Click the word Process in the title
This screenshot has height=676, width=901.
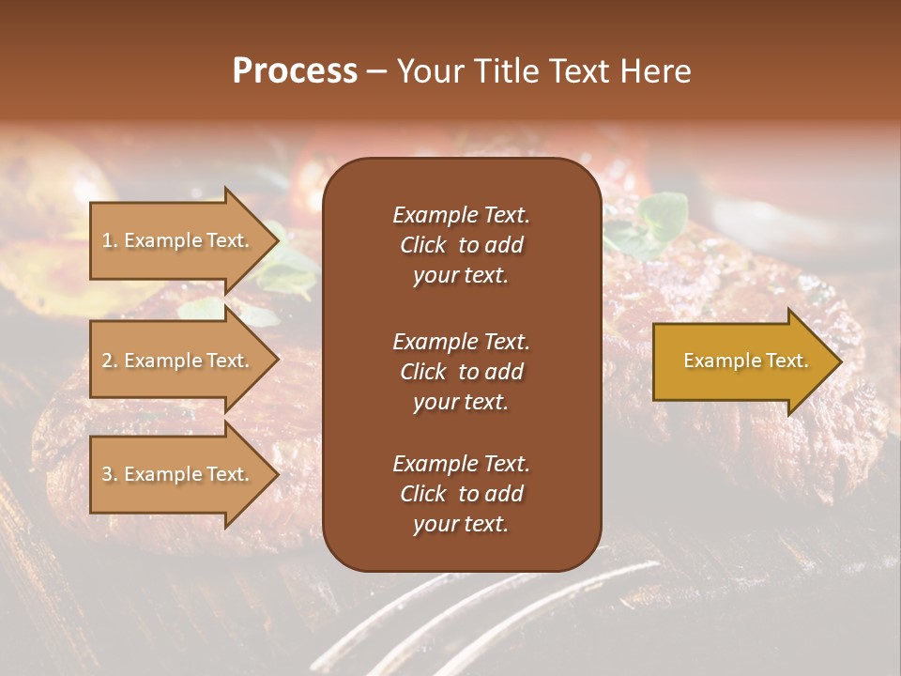(x=295, y=71)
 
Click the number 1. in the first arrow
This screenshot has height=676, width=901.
(x=110, y=240)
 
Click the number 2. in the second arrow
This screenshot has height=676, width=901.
(x=110, y=361)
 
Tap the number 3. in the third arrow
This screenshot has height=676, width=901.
(x=110, y=474)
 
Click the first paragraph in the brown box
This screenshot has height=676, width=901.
(x=461, y=245)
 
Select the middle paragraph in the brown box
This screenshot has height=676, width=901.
(x=461, y=372)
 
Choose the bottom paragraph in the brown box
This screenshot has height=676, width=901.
(x=461, y=494)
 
